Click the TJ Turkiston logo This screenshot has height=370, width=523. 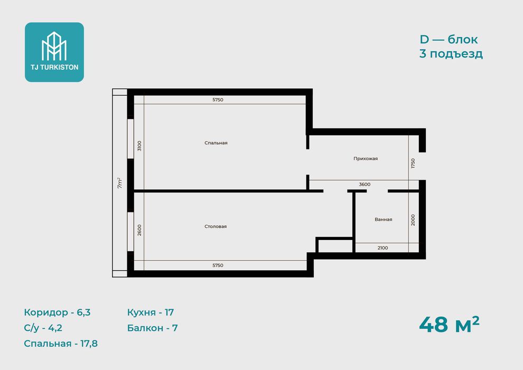coord(54,52)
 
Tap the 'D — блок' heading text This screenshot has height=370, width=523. coord(449,39)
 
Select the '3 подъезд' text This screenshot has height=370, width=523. coord(451,54)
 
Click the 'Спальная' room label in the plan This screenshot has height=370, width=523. coord(216,143)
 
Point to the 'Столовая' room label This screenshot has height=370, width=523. coord(216,226)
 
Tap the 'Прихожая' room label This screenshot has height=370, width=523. coord(366,159)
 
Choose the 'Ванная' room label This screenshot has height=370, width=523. coord(383,219)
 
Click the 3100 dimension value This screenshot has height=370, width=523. coord(139,146)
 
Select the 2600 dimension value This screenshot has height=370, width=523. coord(139,230)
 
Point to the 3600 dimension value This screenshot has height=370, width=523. coord(365,184)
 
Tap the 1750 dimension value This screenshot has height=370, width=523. coord(413,163)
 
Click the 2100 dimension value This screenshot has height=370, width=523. coord(382,247)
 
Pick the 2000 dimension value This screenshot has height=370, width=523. coord(413,220)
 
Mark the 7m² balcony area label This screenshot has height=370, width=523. coord(120,183)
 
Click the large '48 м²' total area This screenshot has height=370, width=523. coord(449,325)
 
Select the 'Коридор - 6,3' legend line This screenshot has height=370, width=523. coord(57,312)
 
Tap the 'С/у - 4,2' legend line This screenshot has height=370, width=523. coord(43,328)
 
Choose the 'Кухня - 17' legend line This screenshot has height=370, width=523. coord(151,312)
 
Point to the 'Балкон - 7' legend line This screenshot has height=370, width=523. coord(153,328)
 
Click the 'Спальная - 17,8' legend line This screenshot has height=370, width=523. coord(61,344)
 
